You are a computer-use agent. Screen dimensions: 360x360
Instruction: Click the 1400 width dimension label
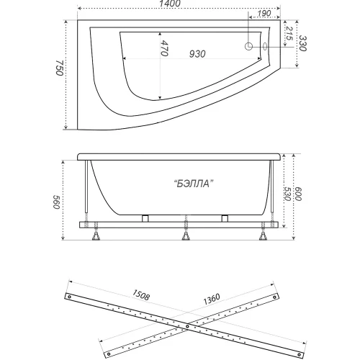pos(170,4)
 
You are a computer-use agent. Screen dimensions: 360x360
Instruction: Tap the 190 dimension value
pos(264,14)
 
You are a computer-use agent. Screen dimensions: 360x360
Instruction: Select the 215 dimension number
pos(289,34)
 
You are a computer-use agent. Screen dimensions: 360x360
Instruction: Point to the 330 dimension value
pos(302,43)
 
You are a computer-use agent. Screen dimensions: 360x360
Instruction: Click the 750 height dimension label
pos(60,68)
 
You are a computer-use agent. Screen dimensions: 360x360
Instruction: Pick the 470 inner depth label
pos(164,48)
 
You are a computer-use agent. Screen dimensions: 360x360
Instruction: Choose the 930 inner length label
pos(197,54)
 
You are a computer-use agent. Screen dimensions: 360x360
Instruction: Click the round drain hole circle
pos(248,46)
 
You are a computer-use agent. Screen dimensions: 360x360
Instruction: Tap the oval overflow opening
pos(265,46)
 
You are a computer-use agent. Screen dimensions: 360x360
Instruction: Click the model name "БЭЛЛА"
pos(194,184)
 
